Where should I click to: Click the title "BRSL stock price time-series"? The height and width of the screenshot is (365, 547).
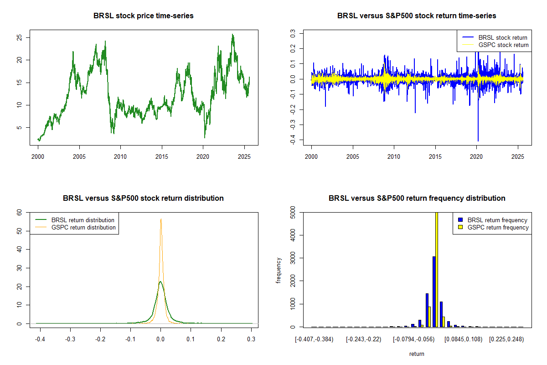(144, 16)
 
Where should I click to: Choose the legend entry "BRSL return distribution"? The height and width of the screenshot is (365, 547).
(83, 220)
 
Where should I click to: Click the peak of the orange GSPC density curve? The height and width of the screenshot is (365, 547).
(161, 219)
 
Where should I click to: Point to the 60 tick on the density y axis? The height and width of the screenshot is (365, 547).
(20, 213)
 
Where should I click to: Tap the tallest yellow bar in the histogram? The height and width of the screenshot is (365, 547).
(437, 269)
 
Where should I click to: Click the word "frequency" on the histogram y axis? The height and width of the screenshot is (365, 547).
(279, 270)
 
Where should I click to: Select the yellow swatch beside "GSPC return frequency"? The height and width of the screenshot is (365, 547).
(460, 227)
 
